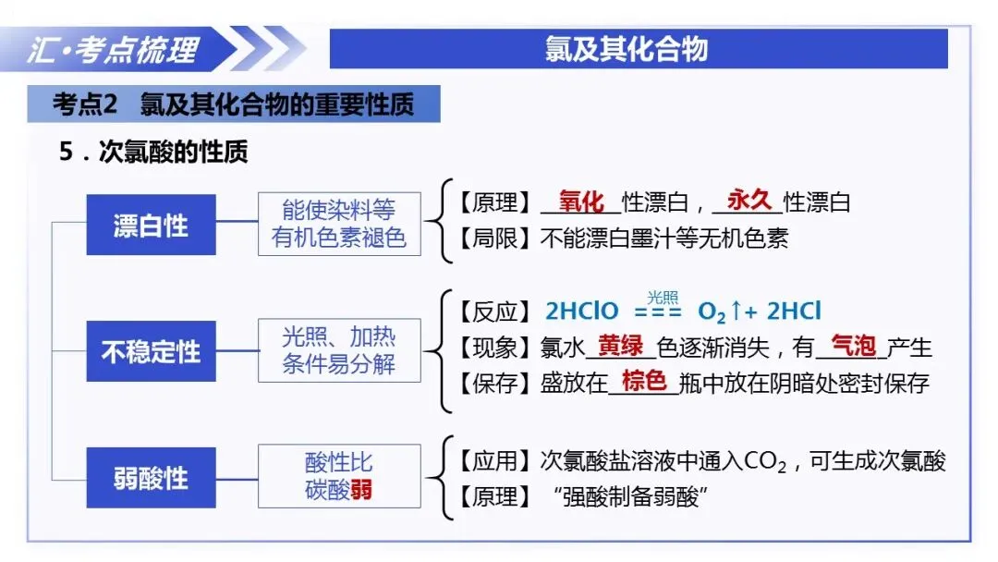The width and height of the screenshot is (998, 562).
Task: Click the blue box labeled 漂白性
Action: pos(151,225)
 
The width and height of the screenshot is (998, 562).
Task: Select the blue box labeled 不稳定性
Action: pos(151,351)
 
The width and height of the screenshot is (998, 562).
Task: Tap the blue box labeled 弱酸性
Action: pos(151,477)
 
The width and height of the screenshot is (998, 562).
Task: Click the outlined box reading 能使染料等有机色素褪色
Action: pos(339,224)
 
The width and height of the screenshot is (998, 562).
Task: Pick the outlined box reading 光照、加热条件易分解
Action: pos(339,350)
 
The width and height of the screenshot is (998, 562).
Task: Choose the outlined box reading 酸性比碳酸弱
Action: pos(339,476)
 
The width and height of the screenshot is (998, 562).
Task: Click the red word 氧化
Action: pos(581,202)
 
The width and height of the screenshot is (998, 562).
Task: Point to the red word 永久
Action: pos(749,201)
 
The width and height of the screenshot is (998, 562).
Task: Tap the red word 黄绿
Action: pos(621,346)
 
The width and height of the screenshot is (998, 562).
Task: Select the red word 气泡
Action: pos(854,346)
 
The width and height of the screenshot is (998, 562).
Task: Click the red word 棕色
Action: pos(644,381)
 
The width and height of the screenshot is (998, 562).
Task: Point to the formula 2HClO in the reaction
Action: pos(582,312)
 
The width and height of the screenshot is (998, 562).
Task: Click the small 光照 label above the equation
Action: pos(663,298)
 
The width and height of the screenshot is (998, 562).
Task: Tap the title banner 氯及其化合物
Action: pos(627,49)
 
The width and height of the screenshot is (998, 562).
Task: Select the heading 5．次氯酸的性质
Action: pos(153,152)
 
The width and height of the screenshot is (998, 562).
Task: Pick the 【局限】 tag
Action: pos(494,238)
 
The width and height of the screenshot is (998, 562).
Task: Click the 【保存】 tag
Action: pos(494,384)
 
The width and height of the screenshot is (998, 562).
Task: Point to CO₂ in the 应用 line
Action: pos(764,461)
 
